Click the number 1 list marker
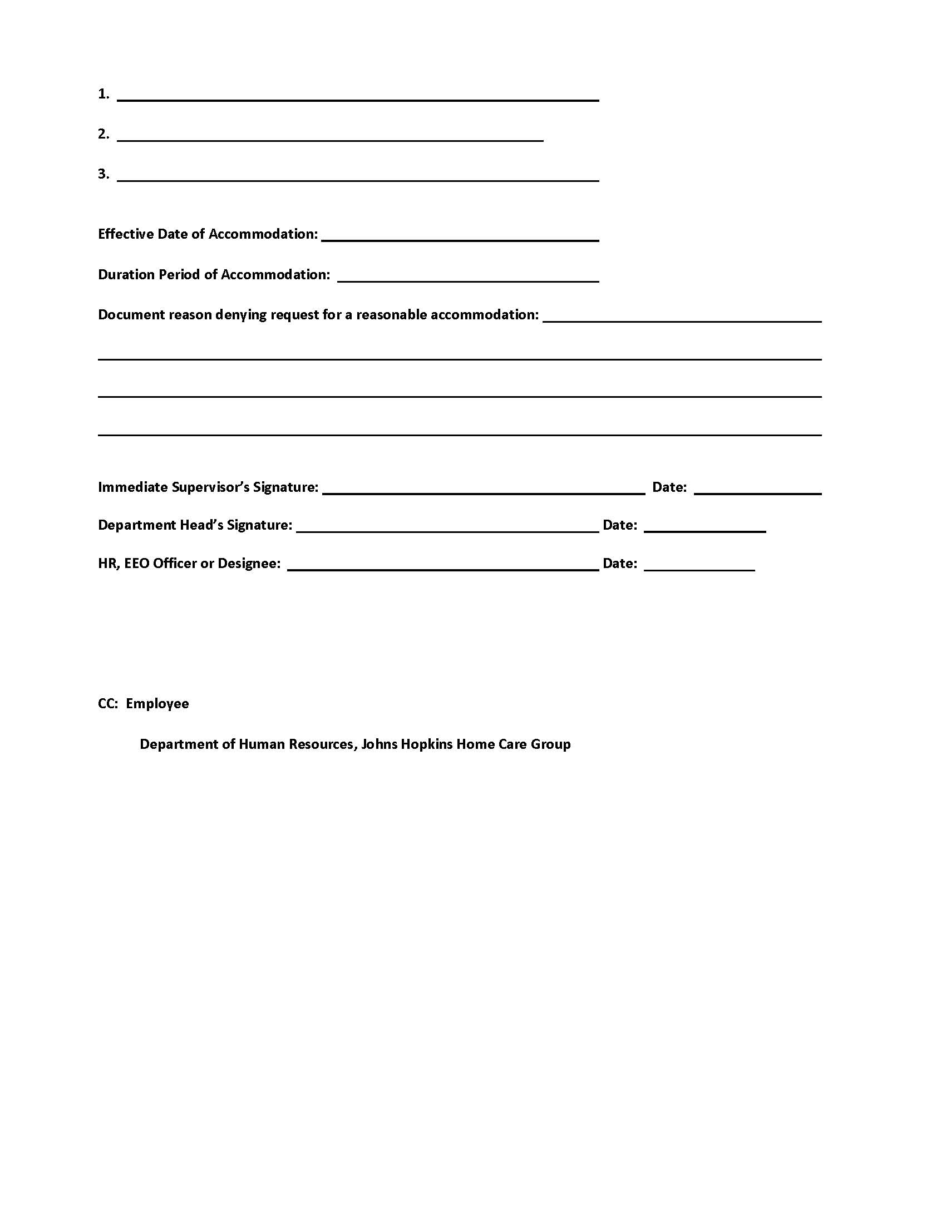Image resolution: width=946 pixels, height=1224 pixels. pyautogui.click(x=103, y=93)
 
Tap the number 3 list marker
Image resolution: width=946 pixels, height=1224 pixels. pyautogui.click(x=103, y=174)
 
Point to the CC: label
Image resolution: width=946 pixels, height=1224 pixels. pyautogui.click(x=107, y=704)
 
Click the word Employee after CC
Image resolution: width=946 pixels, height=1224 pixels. pyautogui.click(x=157, y=704)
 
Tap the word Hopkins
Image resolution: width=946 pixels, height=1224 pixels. pyautogui.click(x=425, y=745)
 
